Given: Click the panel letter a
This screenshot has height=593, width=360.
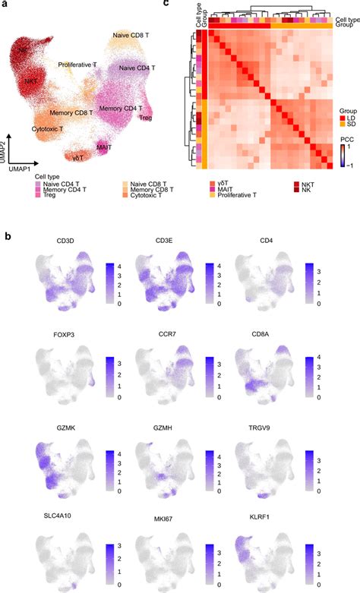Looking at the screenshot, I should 7,5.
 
